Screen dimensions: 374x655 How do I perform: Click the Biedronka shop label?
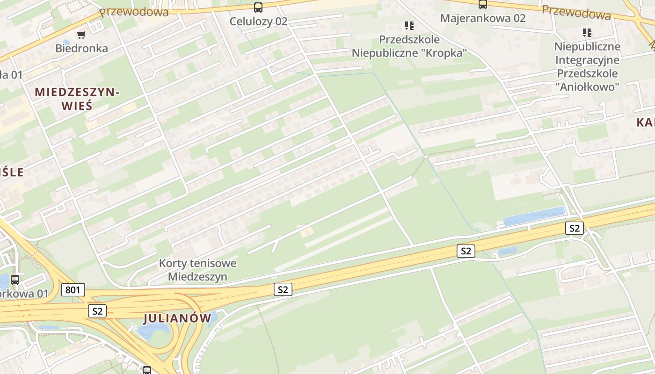click(81, 48)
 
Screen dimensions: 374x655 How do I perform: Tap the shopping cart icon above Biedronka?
click(81, 35)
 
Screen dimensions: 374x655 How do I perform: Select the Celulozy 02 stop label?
click(258, 21)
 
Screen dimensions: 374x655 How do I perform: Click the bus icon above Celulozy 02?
click(258, 7)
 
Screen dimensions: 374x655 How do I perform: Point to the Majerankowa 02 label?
click(483, 18)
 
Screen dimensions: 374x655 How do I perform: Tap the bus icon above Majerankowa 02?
click(483, 5)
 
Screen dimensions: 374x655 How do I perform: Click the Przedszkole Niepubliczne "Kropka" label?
click(409, 46)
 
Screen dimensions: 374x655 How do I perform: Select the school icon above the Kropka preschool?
click(409, 25)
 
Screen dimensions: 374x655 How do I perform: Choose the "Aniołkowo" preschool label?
click(587, 66)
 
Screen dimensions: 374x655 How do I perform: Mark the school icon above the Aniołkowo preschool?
click(587, 32)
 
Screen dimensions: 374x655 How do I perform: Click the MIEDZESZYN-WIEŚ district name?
click(77, 99)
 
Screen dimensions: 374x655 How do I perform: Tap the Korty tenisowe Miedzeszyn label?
click(197, 270)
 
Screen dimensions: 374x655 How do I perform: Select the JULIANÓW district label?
click(177, 318)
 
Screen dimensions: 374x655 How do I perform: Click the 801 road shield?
click(73, 290)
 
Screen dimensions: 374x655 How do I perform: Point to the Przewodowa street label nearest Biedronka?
click(134, 12)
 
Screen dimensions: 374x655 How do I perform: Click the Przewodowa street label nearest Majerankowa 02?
click(576, 13)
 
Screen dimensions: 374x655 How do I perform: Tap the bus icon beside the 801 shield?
click(15, 280)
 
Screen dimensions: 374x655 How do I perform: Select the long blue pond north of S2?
click(533, 216)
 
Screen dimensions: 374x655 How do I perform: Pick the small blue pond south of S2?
click(507, 252)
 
